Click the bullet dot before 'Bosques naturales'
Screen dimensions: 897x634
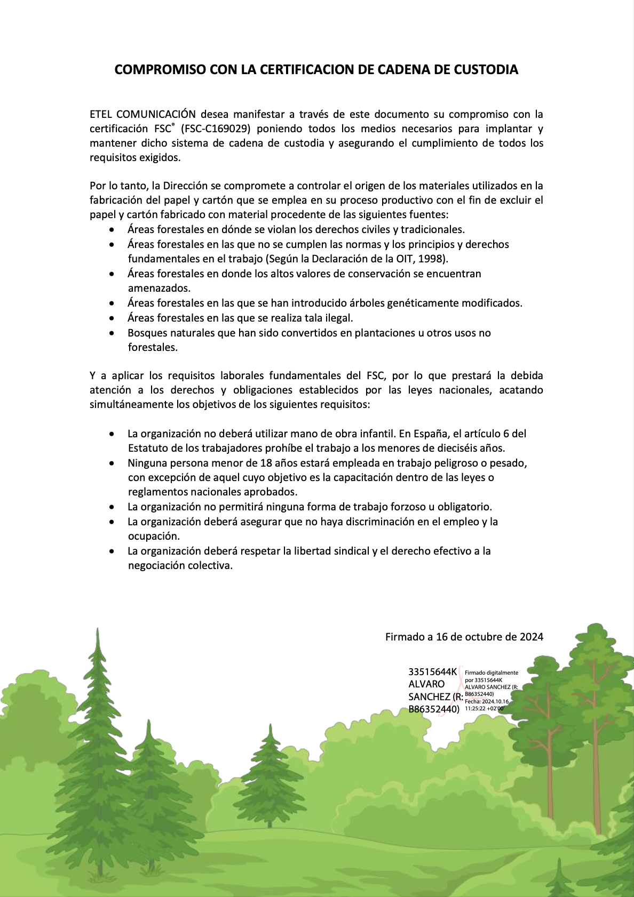pos(112,333)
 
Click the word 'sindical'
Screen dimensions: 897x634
pos(351,551)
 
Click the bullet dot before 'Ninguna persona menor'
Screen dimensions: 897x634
pos(112,463)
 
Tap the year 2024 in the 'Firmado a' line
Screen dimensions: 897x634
pos(532,637)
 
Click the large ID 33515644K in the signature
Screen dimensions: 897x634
pos(433,671)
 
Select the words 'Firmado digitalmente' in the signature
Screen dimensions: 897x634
pos(492,672)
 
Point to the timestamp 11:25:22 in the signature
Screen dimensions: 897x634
pos(475,709)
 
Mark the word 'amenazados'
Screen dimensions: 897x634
pos(158,288)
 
